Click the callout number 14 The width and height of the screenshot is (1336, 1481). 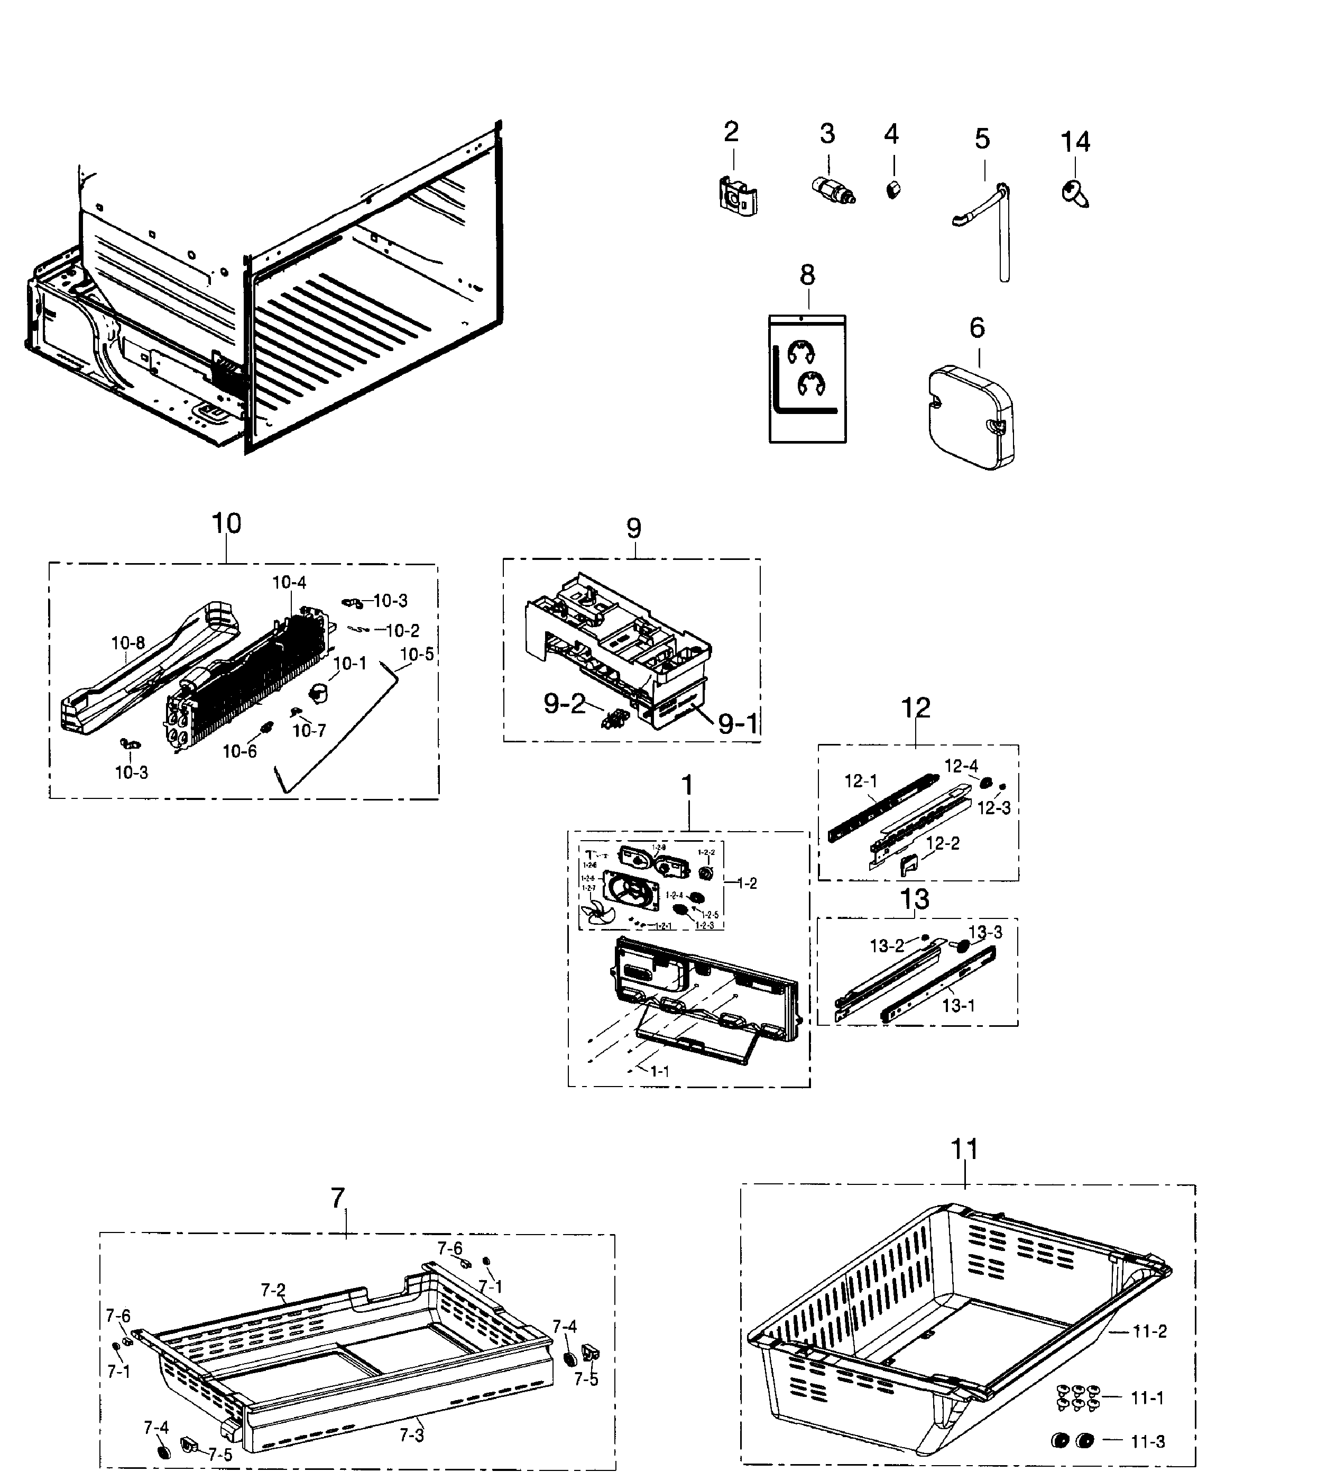click(x=1075, y=141)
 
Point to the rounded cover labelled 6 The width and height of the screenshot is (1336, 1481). click(x=971, y=416)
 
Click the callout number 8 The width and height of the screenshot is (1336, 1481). click(x=807, y=275)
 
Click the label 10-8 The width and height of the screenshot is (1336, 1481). click(x=128, y=643)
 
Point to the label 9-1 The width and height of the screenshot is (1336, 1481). click(x=737, y=724)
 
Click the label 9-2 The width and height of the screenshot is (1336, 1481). click(x=565, y=703)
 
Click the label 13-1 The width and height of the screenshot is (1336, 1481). click(x=958, y=1005)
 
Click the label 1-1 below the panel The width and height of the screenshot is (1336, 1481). click(x=659, y=1071)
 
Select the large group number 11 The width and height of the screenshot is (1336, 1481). click(x=964, y=1149)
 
